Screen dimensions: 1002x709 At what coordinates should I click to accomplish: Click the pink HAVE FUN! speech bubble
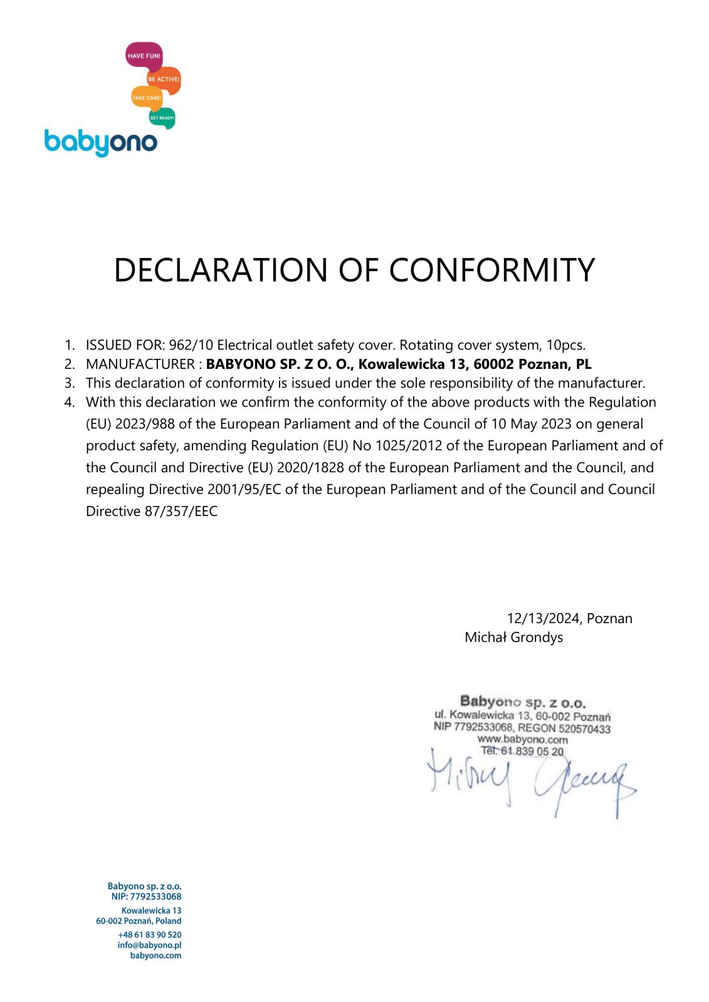click(x=144, y=56)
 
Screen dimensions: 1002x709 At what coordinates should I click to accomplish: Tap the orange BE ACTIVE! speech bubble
click(x=164, y=80)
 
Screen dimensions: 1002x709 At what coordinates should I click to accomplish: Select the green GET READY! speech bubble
click(x=162, y=118)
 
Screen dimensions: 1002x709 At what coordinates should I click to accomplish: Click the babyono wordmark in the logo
click(x=100, y=142)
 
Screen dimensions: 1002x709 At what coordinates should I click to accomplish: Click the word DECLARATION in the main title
click(x=221, y=271)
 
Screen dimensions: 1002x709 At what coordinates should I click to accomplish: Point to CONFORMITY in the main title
click(x=491, y=271)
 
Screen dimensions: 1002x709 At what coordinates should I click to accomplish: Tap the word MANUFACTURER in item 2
click(x=140, y=364)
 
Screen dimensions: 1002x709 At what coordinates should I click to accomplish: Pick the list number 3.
click(x=70, y=383)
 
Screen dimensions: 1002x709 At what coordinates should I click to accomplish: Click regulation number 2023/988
click(x=145, y=424)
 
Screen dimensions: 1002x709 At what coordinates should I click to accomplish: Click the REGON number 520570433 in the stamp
click(x=584, y=729)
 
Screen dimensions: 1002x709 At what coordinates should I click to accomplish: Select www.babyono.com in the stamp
click(x=522, y=740)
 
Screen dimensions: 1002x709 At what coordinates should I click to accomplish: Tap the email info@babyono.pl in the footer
click(x=149, y=945)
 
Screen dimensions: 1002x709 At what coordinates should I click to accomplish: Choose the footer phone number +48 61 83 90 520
click(x=149, y=935)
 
